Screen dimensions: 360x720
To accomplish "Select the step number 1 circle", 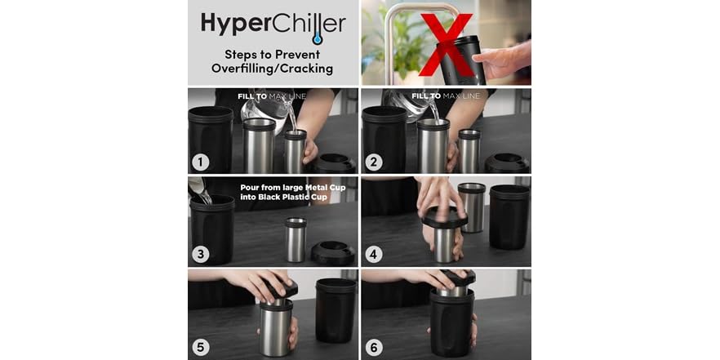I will click(x=200, y=161).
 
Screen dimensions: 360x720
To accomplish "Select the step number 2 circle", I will click(x=373, y=161).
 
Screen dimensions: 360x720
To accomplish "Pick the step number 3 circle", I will click(x=200, y=254).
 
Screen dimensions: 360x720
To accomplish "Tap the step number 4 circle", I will click(x=373, y=254).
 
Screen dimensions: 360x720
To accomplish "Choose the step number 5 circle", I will click(x=200, y=347).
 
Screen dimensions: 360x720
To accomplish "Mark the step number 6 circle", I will click(x=373, y=347).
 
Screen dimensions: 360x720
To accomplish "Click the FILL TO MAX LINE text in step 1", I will click(x=273, y=96).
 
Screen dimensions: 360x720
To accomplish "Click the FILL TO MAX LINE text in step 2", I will click(x=445, y=96).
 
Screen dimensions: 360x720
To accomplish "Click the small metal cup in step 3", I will click(x=296, y=240).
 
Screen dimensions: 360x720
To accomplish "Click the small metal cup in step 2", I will click(x=469, y=150).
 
